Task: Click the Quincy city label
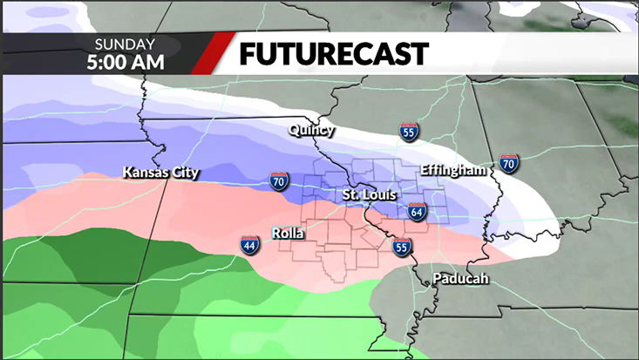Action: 311,131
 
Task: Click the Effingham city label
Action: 452,170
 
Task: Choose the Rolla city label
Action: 288,234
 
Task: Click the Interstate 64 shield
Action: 418,212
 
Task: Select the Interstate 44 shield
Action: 249,246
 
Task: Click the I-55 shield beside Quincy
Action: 409,132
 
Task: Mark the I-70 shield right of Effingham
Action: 509,162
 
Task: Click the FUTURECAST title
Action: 334,53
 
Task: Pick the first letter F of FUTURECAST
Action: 248,53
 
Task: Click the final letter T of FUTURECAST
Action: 420,53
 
